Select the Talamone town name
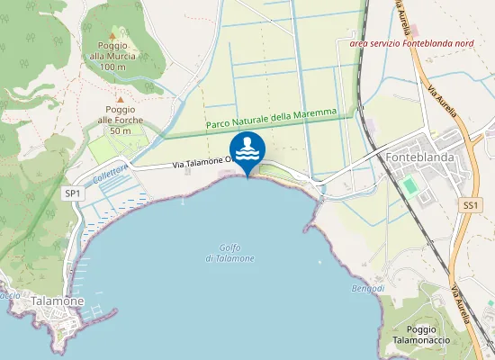tap(58, 301)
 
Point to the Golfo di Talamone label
tap(236, 253)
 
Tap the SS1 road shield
tap(469, 206)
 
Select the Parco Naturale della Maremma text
tap(277, 118)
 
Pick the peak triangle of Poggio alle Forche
tap(120, 99)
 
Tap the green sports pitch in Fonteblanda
tap(410, 186)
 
